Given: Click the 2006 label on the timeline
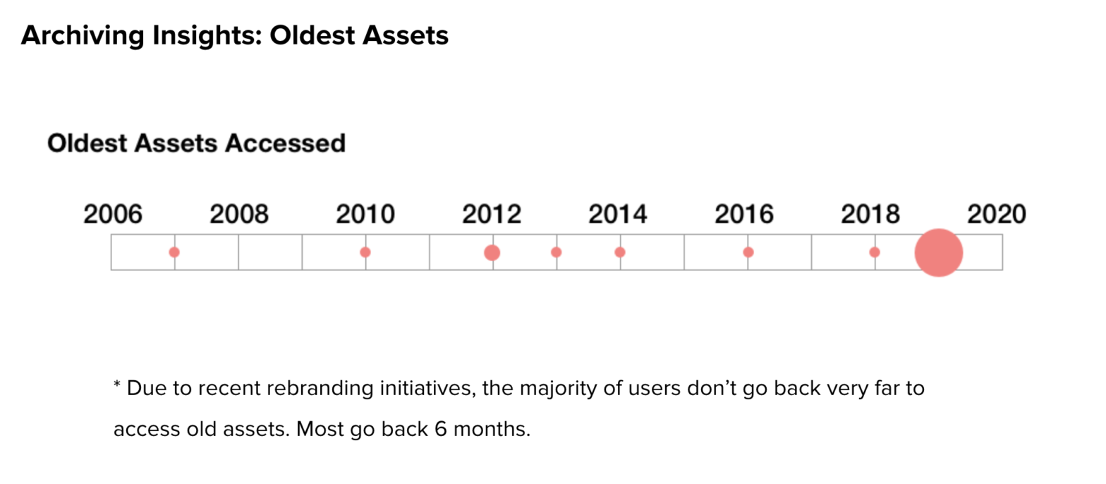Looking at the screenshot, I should [113, 214].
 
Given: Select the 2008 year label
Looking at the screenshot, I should [239, 214].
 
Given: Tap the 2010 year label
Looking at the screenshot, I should [365, 214].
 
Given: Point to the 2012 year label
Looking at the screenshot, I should [492, 214].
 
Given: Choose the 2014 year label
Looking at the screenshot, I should [618, 214].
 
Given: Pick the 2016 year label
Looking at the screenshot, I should [744, 214].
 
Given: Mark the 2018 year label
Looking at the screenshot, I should [870, 214].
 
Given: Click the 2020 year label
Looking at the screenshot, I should [996, 214].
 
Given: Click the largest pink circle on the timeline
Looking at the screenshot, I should [938, 253].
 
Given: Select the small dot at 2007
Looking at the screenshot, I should [174, 252].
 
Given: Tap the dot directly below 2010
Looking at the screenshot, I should [365, 252].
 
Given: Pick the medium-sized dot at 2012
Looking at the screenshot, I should [492, 253].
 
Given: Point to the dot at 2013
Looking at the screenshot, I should [556, 252].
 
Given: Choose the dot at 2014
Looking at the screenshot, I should [620, 252].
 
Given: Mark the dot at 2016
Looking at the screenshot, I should [748, 252].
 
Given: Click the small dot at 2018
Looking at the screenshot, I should [875, 252].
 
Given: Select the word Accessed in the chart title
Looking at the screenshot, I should [285, 144].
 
